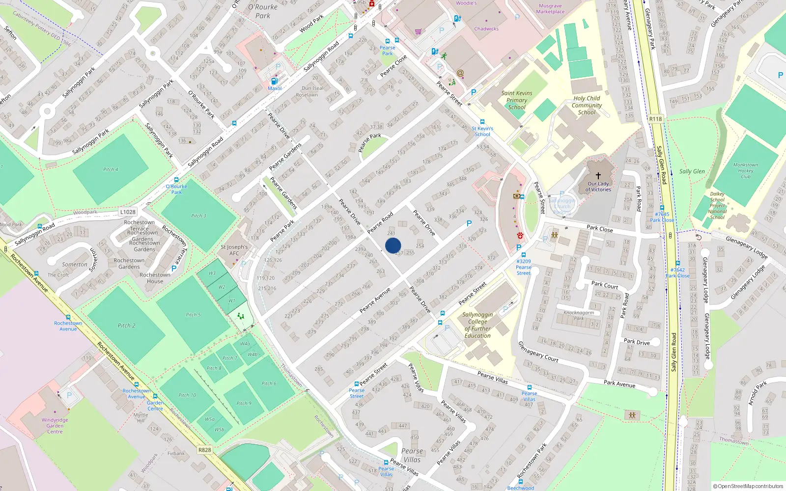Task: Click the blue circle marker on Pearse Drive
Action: click(x=393, y=245)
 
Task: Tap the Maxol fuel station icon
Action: click(x=274, y=81)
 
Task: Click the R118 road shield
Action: click(x=655, y=119)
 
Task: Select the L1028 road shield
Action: click(x=127, y=212)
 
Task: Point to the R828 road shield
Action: click(x=204, y=450)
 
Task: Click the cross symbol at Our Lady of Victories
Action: click(x=598, y=176)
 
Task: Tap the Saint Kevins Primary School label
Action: click(x=517, y=100)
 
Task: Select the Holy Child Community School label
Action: click(x=587, y=105)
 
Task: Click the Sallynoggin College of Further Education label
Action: click(x=477, y=325)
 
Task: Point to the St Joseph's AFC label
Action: click(x=234, y=250)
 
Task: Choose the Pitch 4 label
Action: click(x=111, y=169)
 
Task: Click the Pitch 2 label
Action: click(x=126, y=326)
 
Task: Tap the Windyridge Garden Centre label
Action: click(x=55, y=426)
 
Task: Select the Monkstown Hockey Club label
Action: click(x=745, y=171)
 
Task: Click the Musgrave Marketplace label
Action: click(x=550, y=9)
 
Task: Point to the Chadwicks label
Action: click(x=486, y=29)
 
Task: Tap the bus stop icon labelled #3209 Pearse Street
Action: click(x=524, y=255)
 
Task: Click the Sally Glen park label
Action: click(x=692, y=171)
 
